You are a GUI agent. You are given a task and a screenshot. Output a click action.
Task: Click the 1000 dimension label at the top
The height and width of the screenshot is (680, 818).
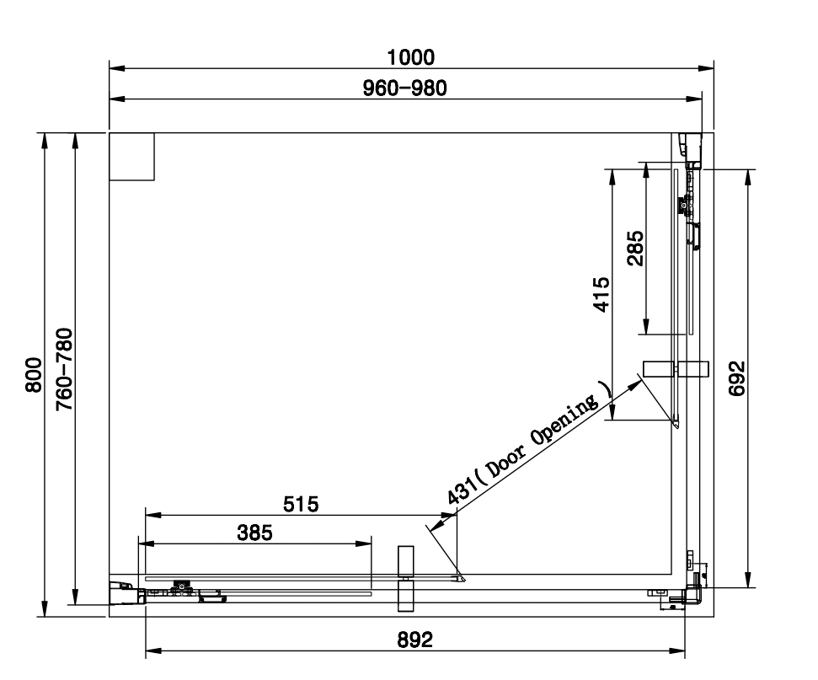click(x=411, y=57)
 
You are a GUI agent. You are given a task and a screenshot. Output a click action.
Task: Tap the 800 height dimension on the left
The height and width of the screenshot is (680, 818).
click(x=34, y=374)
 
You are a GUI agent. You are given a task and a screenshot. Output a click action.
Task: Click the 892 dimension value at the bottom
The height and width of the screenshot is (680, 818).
click(x=414, y=640)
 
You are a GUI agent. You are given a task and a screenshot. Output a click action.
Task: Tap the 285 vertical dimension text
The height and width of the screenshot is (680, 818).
click(x=634, y=249)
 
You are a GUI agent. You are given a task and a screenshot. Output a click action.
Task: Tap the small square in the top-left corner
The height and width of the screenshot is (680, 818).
click(x=132, y=157)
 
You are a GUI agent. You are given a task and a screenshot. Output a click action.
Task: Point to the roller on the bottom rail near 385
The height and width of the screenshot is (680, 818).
click(x=179, y=586)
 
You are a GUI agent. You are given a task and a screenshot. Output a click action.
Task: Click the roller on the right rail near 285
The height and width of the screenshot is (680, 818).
click(x=682, y=204)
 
